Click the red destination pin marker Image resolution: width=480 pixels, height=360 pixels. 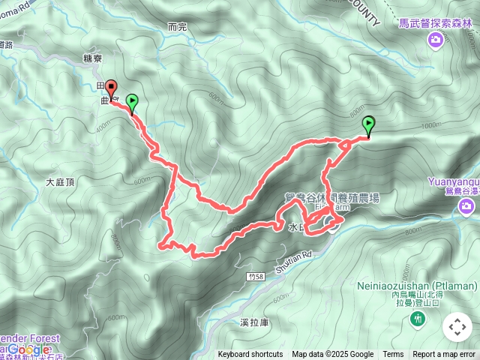[x=110, y=88]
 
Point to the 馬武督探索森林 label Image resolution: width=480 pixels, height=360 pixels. [x=436, y=24]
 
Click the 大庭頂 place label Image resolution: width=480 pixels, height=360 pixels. [x=61, y=181]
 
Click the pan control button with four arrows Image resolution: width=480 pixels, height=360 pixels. [x=457, y=326]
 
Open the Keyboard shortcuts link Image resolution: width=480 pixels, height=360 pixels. [x=250, y=355]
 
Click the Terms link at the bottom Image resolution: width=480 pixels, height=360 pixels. [x=393, y=355]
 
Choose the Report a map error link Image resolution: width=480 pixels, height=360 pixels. [x=444, y=355]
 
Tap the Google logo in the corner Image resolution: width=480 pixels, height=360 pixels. [x=30, y=349]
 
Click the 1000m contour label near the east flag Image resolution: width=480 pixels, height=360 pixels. [x=430, y=126]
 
